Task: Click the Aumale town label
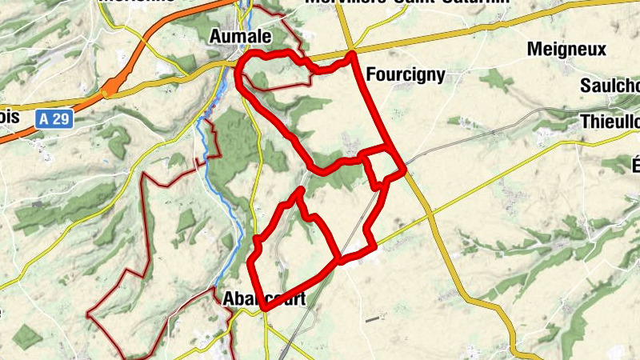tap(240, 37)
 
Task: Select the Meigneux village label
tap(566, 50)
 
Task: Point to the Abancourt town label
tap(253, 298)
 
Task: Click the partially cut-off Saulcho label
tap(612, 86)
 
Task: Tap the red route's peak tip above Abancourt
tap(301, 190)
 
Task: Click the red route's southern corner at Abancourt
tap(263, 306)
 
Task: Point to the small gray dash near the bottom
tap(373, 319)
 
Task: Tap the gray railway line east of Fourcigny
tap(480, 133)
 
